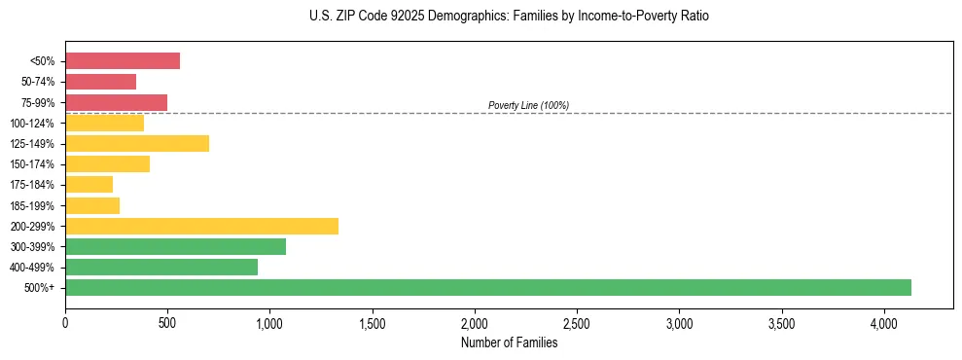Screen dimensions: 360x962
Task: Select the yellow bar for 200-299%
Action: click(x=201, y=226)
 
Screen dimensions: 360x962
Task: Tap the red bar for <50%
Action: click(x=123, y=60)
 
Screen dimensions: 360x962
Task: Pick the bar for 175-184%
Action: click(x=89, y=184)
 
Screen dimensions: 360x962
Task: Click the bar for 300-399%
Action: click(x=175, y=246)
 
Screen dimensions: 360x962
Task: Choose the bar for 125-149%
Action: click(x=137, y=143)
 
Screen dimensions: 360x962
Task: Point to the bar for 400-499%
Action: click(x=161, y=267)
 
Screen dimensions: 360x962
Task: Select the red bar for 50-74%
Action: click(x=100, y=82)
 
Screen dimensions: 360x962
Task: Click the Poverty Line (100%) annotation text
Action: click(x=528, y=105)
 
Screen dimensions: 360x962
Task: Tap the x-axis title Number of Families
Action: click(x=509, y=342)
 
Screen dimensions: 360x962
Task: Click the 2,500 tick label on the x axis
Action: click(x=577, y=322)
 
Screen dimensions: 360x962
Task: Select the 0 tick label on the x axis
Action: click(x=65, y=322)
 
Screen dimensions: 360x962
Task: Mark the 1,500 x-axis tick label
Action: click(x=373, y=322)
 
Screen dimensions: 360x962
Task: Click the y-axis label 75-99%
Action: click(x=38, y=102)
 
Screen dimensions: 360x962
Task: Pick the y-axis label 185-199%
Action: click(x=35, y=205)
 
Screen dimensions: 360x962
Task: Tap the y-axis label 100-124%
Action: click(x=35, y=123)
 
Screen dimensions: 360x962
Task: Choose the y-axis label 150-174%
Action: click(x=35, y=163)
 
